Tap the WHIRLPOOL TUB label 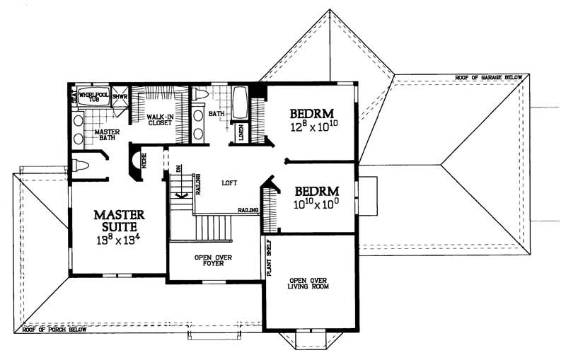click(91, 97)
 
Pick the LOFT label click(227, 182)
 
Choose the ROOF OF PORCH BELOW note click(54, 330)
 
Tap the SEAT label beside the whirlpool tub click(73, 97)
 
